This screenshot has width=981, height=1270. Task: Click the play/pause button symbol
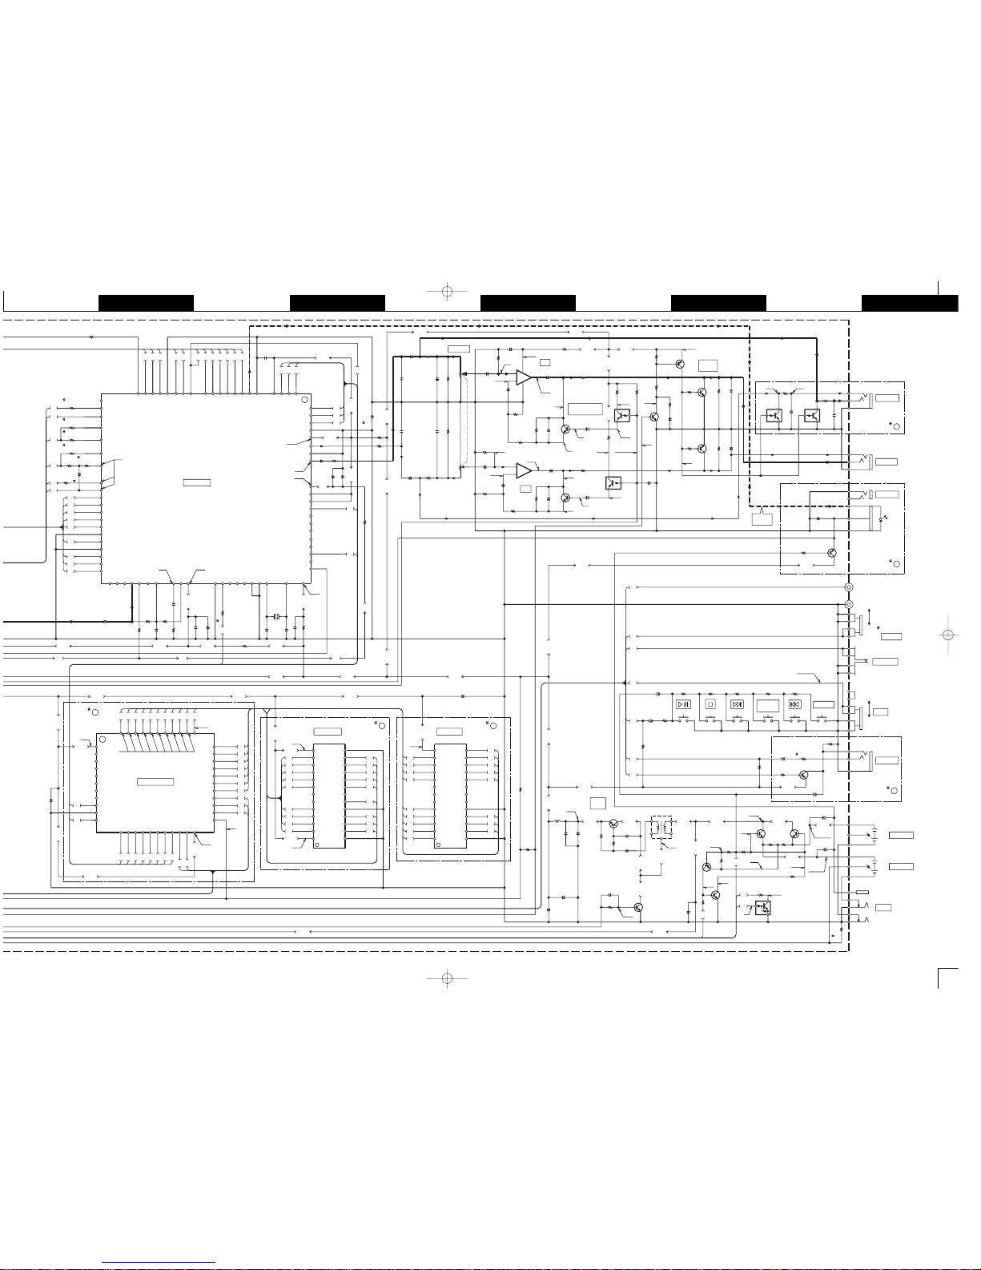pyautogui.click(x=683, y=704)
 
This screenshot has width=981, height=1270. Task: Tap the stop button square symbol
pyautogui.click(x=710, y=704)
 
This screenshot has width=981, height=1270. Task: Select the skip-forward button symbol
pyautogui.click(x=737, y=704)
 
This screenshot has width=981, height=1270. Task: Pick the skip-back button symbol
pyautogui.click(x=794, y=704)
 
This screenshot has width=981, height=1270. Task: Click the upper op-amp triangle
pyautogui.click(x=523, y=377)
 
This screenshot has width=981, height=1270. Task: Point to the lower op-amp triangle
pyautogui.click(x=523, y=470)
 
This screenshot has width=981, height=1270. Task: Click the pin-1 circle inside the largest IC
pyautogui.click(x=304, y=400)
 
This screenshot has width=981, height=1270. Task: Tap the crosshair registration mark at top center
pyautogui.click(x=448, y=291)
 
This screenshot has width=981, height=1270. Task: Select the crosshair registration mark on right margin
pyautogui.click(x=947, y=634)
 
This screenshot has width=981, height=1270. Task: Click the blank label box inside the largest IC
pyautogui.click(x=197, y=482)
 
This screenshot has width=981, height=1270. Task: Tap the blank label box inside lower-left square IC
pyautogui.click(x=155, y=781)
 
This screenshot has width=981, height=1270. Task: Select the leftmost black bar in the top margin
pyautogui.click(x=146, y=303)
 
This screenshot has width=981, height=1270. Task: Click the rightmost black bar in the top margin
pyautogui.click(x=910, y=303)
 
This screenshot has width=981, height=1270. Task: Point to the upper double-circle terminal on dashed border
pyautogui.click(x=849, y=587)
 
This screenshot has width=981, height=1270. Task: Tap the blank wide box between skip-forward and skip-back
pyautogui.click(x=767, y=705)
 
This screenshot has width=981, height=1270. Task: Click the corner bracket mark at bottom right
pyautogui.click(x=947, y=978)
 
